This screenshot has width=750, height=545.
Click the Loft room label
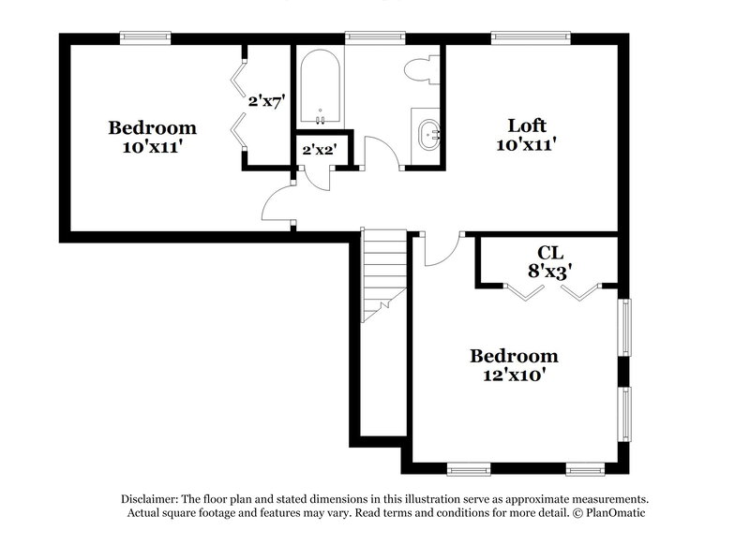[527, 125]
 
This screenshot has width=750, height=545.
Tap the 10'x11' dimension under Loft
[527, 145]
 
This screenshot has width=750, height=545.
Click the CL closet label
[549, 252]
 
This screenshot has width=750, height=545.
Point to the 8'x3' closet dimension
[549, 271]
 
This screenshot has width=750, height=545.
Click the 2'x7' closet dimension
[266, 100]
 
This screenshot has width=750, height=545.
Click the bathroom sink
[430, 134]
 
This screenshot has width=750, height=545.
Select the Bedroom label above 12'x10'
[514, 356]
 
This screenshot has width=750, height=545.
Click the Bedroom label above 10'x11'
[152, 127]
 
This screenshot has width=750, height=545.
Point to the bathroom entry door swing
[378, 153]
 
